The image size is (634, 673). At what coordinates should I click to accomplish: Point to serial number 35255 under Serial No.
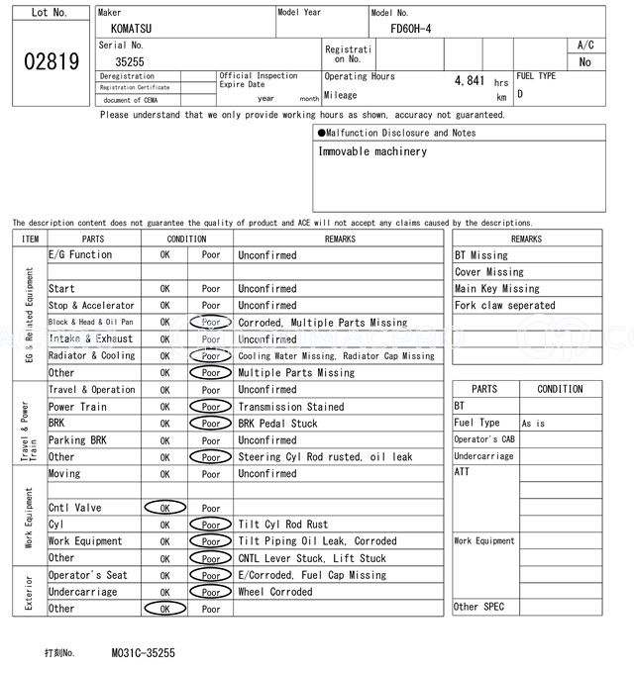click(130, 61)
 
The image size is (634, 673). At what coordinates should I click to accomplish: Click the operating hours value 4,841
click(469, 81)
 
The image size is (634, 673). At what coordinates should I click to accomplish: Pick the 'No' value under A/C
click(584, 62)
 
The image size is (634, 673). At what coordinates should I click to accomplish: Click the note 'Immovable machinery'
click(372, 151)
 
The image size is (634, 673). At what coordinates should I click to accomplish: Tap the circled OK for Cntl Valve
click(164, 508)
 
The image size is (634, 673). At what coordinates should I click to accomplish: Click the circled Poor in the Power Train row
click(211, 407)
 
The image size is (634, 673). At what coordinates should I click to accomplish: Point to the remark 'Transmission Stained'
click(291, 407)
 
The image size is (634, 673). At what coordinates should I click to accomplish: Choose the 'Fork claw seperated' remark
click(504, 306)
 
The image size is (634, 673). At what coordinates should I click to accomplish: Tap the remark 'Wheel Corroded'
click(275, 592)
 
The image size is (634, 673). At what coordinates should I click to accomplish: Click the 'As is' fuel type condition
click(533, 424)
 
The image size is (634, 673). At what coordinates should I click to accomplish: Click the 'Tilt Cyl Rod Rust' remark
click(282, 525)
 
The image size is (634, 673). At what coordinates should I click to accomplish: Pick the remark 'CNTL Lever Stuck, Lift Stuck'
click(312, 558)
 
